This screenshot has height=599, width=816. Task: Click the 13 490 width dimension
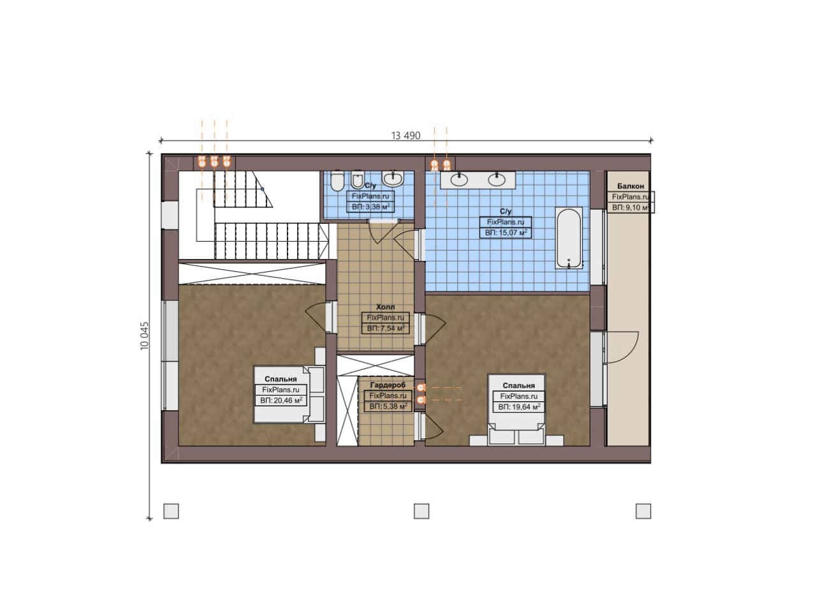[x=405, y=136]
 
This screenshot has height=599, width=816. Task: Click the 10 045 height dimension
[x=145, y=336]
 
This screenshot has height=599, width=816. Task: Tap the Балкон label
[x=630, y=186]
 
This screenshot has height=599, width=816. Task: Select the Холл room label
[x=385, y=307]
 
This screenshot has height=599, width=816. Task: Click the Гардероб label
[x=388, y=385]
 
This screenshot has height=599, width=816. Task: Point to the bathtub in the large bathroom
[x=568, y=238]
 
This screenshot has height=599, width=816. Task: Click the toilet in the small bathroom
[x=337, y=181]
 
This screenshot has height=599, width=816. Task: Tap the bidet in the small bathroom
[x=358, y=181]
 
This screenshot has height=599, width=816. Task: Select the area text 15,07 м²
[x=506, y=233]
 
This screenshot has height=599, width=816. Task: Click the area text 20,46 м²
[x=281, y=401]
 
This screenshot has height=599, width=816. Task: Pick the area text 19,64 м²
[x=519, y=407]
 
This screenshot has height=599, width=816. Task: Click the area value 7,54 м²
[x=386, y=329]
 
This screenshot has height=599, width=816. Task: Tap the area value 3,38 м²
[x=371, y=207]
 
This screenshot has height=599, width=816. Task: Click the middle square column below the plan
[x=421, y=511]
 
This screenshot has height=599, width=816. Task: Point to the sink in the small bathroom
[x=392, y=178]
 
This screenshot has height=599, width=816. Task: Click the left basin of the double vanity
[x=459, y=180]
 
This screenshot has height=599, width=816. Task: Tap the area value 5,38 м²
[x=388, y=406]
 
